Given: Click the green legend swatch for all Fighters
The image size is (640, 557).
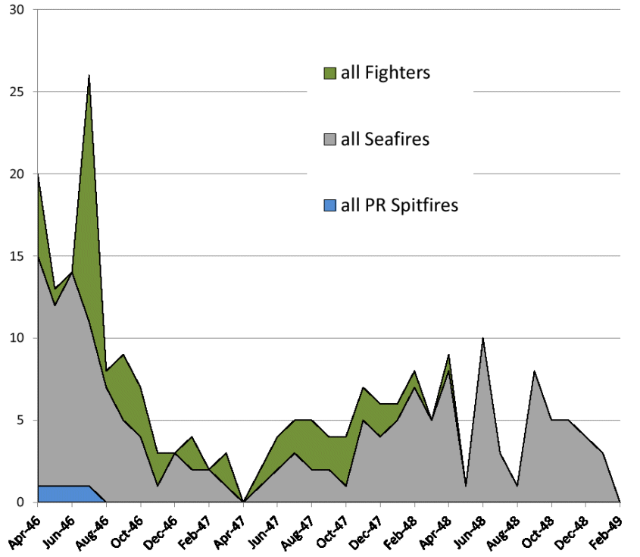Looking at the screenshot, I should point(329,74).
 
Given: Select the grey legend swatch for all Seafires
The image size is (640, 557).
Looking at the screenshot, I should point(329,139).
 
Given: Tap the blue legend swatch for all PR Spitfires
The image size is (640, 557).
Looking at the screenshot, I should point(329,205).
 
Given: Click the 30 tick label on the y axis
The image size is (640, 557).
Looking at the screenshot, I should point(16,10).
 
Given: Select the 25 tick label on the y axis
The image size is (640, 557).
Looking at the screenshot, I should point(16,92).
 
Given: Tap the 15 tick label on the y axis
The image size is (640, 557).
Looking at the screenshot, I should point(16,256).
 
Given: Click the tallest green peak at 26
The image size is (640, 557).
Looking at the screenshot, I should point(89,78).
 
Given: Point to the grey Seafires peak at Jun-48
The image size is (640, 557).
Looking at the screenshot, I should point(483,340).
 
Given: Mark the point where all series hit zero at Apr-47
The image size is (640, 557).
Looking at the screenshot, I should point(243,501).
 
